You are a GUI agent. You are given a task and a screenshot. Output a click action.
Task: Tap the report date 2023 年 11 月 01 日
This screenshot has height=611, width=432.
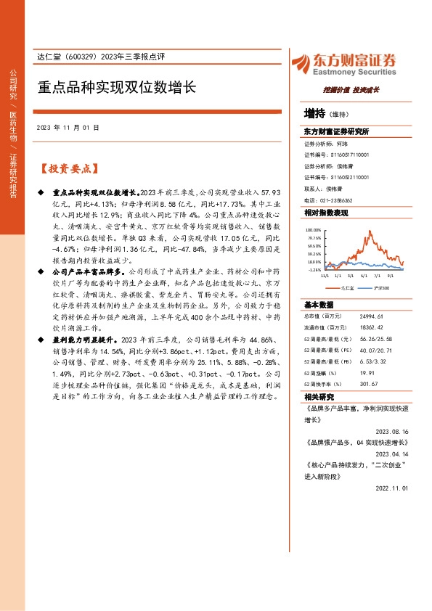click(68, 128)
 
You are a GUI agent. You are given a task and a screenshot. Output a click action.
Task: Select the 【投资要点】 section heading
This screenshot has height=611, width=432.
click(68, 168)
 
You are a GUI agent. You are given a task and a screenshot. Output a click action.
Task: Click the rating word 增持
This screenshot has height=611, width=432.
click(314, 114)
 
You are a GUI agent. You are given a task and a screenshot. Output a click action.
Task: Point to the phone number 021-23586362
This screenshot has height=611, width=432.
click(335, 200)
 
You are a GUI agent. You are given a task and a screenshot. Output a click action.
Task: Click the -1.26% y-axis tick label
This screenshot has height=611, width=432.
click(314, 269)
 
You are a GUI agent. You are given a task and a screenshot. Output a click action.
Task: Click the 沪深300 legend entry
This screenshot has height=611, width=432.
click(382, 288)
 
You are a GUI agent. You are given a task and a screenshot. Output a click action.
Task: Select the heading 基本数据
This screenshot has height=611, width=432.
click(319, 305)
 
